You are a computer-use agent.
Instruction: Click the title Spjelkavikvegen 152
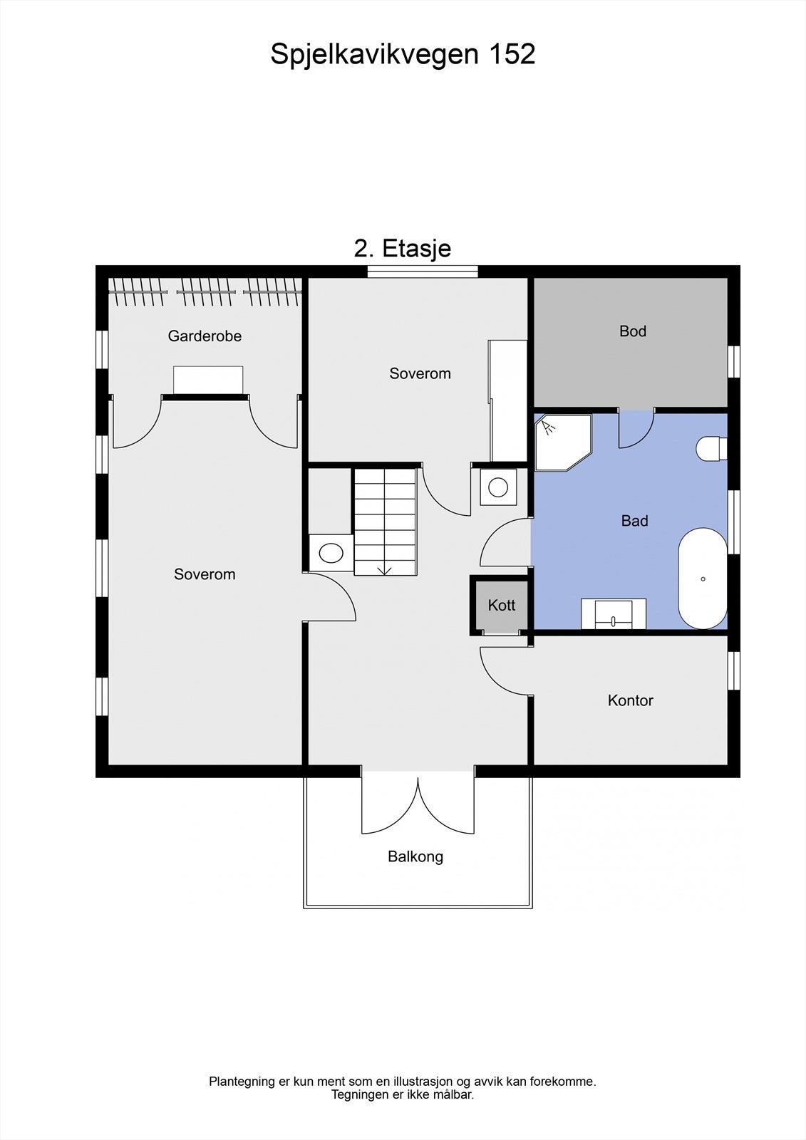[x=403, y=54]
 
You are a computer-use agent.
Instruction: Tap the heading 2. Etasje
[x=403, y=248]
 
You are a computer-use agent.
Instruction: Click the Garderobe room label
[x=205, y=336]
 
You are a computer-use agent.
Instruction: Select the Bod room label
[x=632, y=331]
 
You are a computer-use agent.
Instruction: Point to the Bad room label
[x=634, y=521]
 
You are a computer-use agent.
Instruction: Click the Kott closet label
[x=501, y=605]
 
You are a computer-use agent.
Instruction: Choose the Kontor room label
[x=630, y=700]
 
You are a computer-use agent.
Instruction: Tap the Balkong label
[x=415, y=856]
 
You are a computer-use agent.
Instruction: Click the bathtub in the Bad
[x=703, y=578]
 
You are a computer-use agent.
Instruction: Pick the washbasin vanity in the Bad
[x=614, y=613]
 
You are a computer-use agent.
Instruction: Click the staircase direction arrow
[x=384, y=569]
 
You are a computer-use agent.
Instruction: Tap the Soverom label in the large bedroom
[x=205, y=574]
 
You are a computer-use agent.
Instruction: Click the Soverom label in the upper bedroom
[x=420, y=373]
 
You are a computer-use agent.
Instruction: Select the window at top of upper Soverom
[x=423, y=271]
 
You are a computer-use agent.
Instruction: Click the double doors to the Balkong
[x=418, y=805]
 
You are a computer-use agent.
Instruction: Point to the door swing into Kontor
[x=505, y=671]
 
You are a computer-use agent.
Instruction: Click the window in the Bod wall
[x=733, y=361]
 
